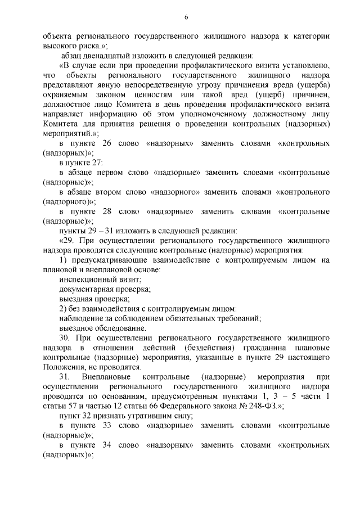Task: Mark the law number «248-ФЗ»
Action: pyautogui.click(x=254, y=406)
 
